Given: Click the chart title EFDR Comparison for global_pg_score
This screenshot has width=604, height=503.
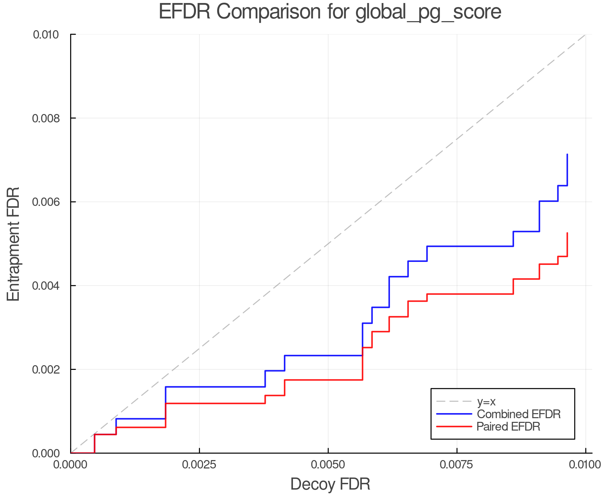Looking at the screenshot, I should (x=330, y=12).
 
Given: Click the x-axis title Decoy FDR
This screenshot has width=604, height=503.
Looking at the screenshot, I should (x=330, y=484).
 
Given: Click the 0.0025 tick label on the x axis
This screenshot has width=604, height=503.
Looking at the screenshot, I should (x=199, y=465).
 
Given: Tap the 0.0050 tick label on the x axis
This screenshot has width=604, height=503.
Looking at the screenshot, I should (x=328, y=465).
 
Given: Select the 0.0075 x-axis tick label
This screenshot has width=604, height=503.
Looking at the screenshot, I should (x=457, y=465).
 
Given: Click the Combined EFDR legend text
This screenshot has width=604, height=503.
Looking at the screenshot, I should (x=518, y=414).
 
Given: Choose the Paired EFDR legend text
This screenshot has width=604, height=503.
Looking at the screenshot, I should (x=508, y=427).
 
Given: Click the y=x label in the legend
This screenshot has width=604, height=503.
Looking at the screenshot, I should (x=486, y=401).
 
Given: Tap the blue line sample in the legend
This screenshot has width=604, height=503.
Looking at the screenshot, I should (x=454, y=414).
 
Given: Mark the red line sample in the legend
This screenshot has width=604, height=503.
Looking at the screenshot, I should (x=454, y=427).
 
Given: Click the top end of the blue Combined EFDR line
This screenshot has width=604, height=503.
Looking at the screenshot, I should (x=567, y=155).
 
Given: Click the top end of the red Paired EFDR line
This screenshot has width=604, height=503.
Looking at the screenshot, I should (x=567, y=233).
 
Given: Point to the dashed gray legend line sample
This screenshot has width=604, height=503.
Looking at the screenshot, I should (x=454, y=401).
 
